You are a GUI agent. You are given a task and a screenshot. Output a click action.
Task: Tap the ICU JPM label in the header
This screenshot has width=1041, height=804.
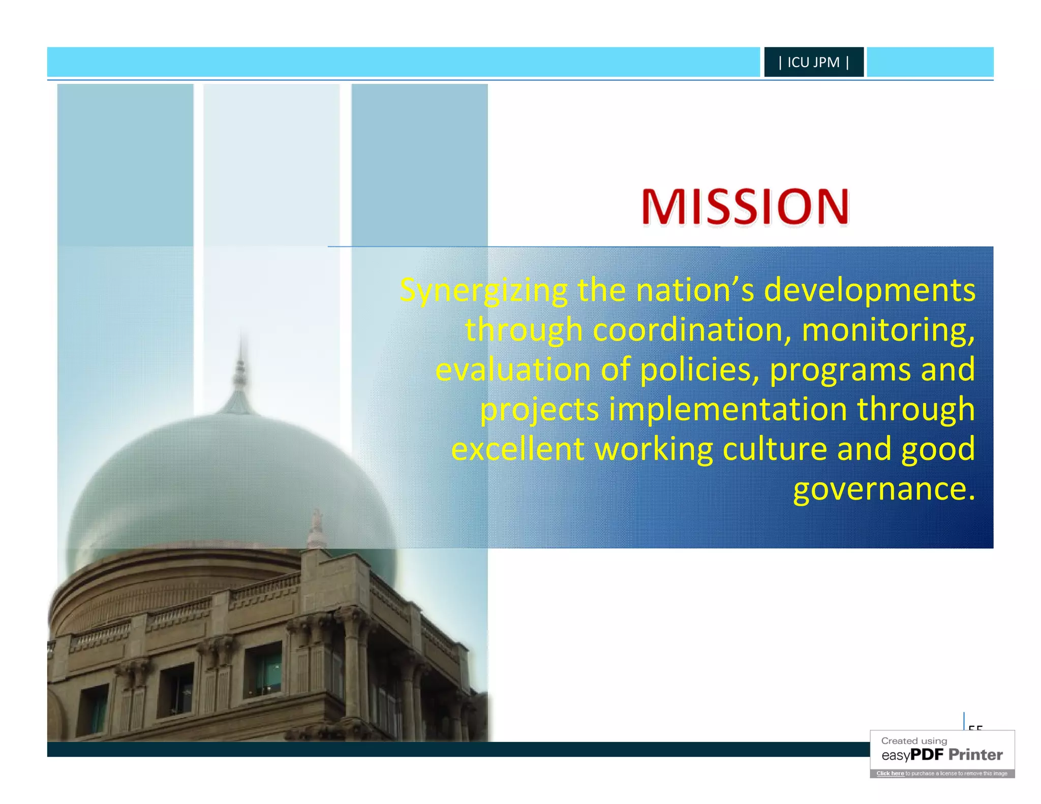click(x=813, y=62)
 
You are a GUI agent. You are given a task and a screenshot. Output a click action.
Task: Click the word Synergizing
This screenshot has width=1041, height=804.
click(x=483, y=291)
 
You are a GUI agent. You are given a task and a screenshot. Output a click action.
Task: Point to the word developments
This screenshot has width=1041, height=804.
click(x=870, y=291)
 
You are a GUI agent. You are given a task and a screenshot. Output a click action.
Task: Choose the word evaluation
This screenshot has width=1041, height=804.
click(x=512, y=369)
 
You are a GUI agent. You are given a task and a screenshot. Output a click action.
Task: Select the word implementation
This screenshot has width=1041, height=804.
click(x=727, y=409)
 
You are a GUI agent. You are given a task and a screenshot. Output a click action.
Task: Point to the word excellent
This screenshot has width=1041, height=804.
click(x=517, y=449)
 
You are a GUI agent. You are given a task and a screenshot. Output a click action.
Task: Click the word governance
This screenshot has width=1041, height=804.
click(x=884, y=489)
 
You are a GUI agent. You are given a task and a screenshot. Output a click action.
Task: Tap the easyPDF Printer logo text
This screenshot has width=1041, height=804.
click(x=942, y=755)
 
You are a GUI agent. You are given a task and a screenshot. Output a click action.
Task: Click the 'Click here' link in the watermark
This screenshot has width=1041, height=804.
click(x=890, y=774)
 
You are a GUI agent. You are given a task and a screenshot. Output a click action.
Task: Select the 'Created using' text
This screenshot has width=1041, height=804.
click(x=914, y=741)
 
